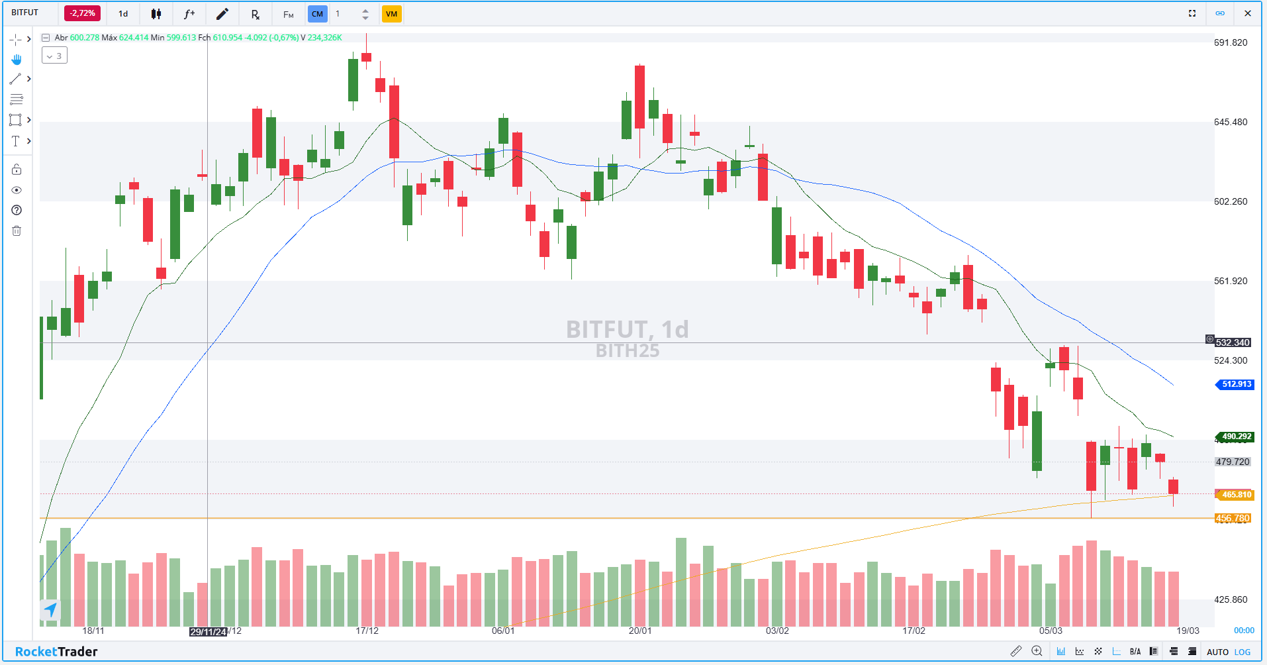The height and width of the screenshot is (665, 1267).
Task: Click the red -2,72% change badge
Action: (x=83, y=13)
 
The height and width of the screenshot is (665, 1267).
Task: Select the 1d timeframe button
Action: (x=123, y=14)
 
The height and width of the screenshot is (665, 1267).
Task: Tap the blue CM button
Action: (x=318, y=14)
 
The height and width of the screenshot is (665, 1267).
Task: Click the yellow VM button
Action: (x=391, y=14)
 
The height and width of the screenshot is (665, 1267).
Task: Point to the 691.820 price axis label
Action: (x=1230, y=42)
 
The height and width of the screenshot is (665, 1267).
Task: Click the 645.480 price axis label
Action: (x=1230, y=122)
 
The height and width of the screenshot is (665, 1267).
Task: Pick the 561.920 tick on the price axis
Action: (x=1230, y=281)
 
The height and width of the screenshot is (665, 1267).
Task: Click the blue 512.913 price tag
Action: (x=1236, y=384)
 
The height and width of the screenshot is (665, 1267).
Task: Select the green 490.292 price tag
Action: (x=1236, y=436)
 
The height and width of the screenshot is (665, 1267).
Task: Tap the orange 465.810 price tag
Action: (x=1236, y=495)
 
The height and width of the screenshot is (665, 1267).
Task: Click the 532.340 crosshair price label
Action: (x=1232, y=342)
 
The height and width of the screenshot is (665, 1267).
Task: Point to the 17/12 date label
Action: (x=367, y=631)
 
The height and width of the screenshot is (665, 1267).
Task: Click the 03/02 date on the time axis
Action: (x=777, y=631)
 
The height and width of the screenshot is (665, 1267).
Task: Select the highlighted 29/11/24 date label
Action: (x=208, y=632)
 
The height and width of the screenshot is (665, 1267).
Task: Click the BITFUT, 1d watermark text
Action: (x=627, y=329)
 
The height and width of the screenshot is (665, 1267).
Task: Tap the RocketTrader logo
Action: (x=56, y=652)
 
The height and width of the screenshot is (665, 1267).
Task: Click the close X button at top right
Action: (x=1248, y=13)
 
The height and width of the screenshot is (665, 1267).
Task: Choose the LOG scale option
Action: (x=1243, y=652)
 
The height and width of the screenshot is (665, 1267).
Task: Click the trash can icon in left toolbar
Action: (x=17, y=230)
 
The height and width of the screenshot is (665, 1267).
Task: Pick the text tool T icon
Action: (x=16, y=141)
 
